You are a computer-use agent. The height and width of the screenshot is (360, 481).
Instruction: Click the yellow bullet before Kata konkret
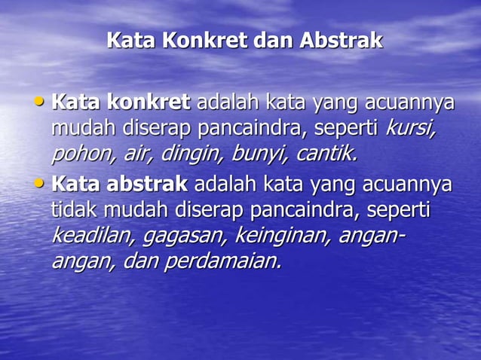pyautogui.click(x=41, y=100)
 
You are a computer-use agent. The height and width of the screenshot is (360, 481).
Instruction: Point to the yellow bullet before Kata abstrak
pyautogui.click(x=41, y=182)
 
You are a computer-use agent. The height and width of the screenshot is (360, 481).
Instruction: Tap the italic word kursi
pyautogui.click(x=410, y=128)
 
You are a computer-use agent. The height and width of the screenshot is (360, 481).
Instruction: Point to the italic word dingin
pyautogui.click(x=191, y=154)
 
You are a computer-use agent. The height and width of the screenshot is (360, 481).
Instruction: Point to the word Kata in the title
pyautogui.click(x=130, y=41)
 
